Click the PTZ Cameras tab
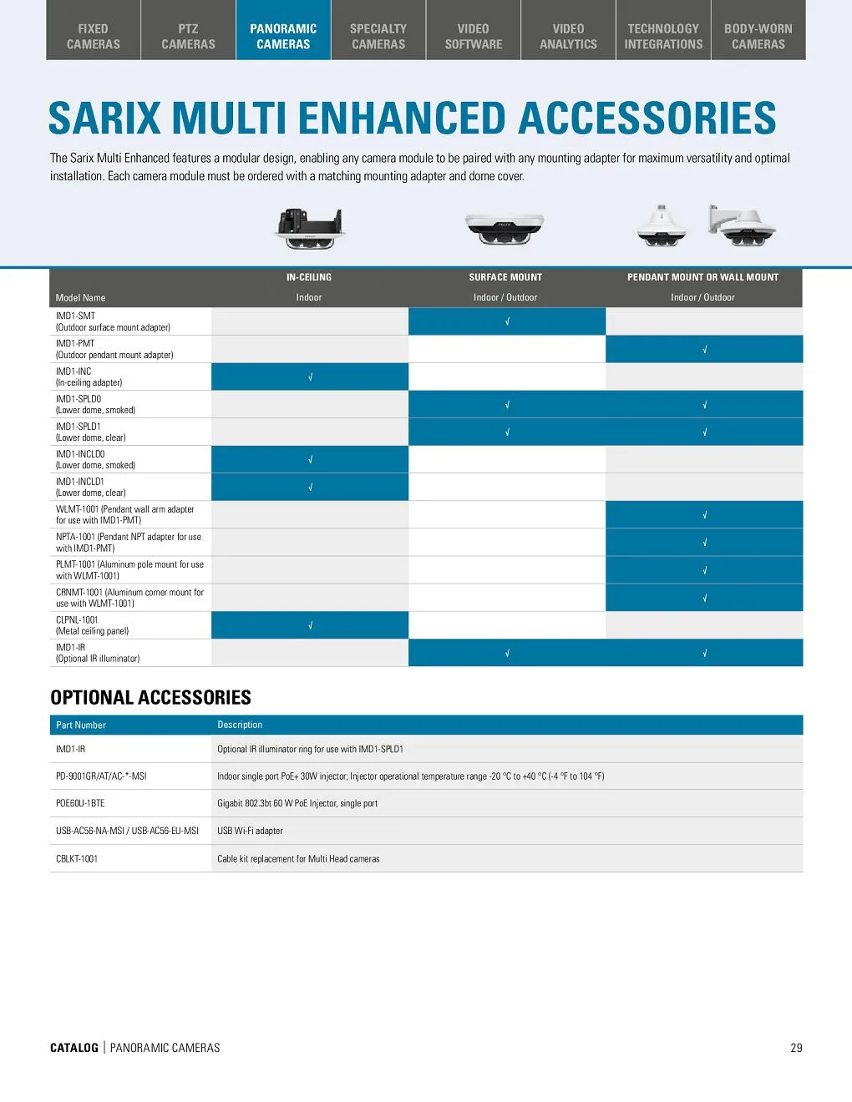click(x=188, y=36)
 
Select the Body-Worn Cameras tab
click(x=758, y=36)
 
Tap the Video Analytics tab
click(x=568, y=36)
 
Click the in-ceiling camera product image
click(x=309, y=228)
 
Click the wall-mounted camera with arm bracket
click(x=741, y=225)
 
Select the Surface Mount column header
click(x=505, y=277)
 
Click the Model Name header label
click(x=80, y=297)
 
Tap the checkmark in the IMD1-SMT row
click(x=507, y=322)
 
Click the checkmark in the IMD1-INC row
click(x=310, y=377)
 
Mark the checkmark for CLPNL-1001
click(x=310, y=625)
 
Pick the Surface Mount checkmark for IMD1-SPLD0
click(x=507, y=405)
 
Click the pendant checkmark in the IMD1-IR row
click(x=704, y=653)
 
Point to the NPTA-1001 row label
click(x=129, y=543)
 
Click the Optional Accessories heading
click(x=150, y=697)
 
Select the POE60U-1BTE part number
click(x=80, y=803)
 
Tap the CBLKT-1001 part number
click(x=77, y=858)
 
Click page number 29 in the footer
click(x=796, y=1048)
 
